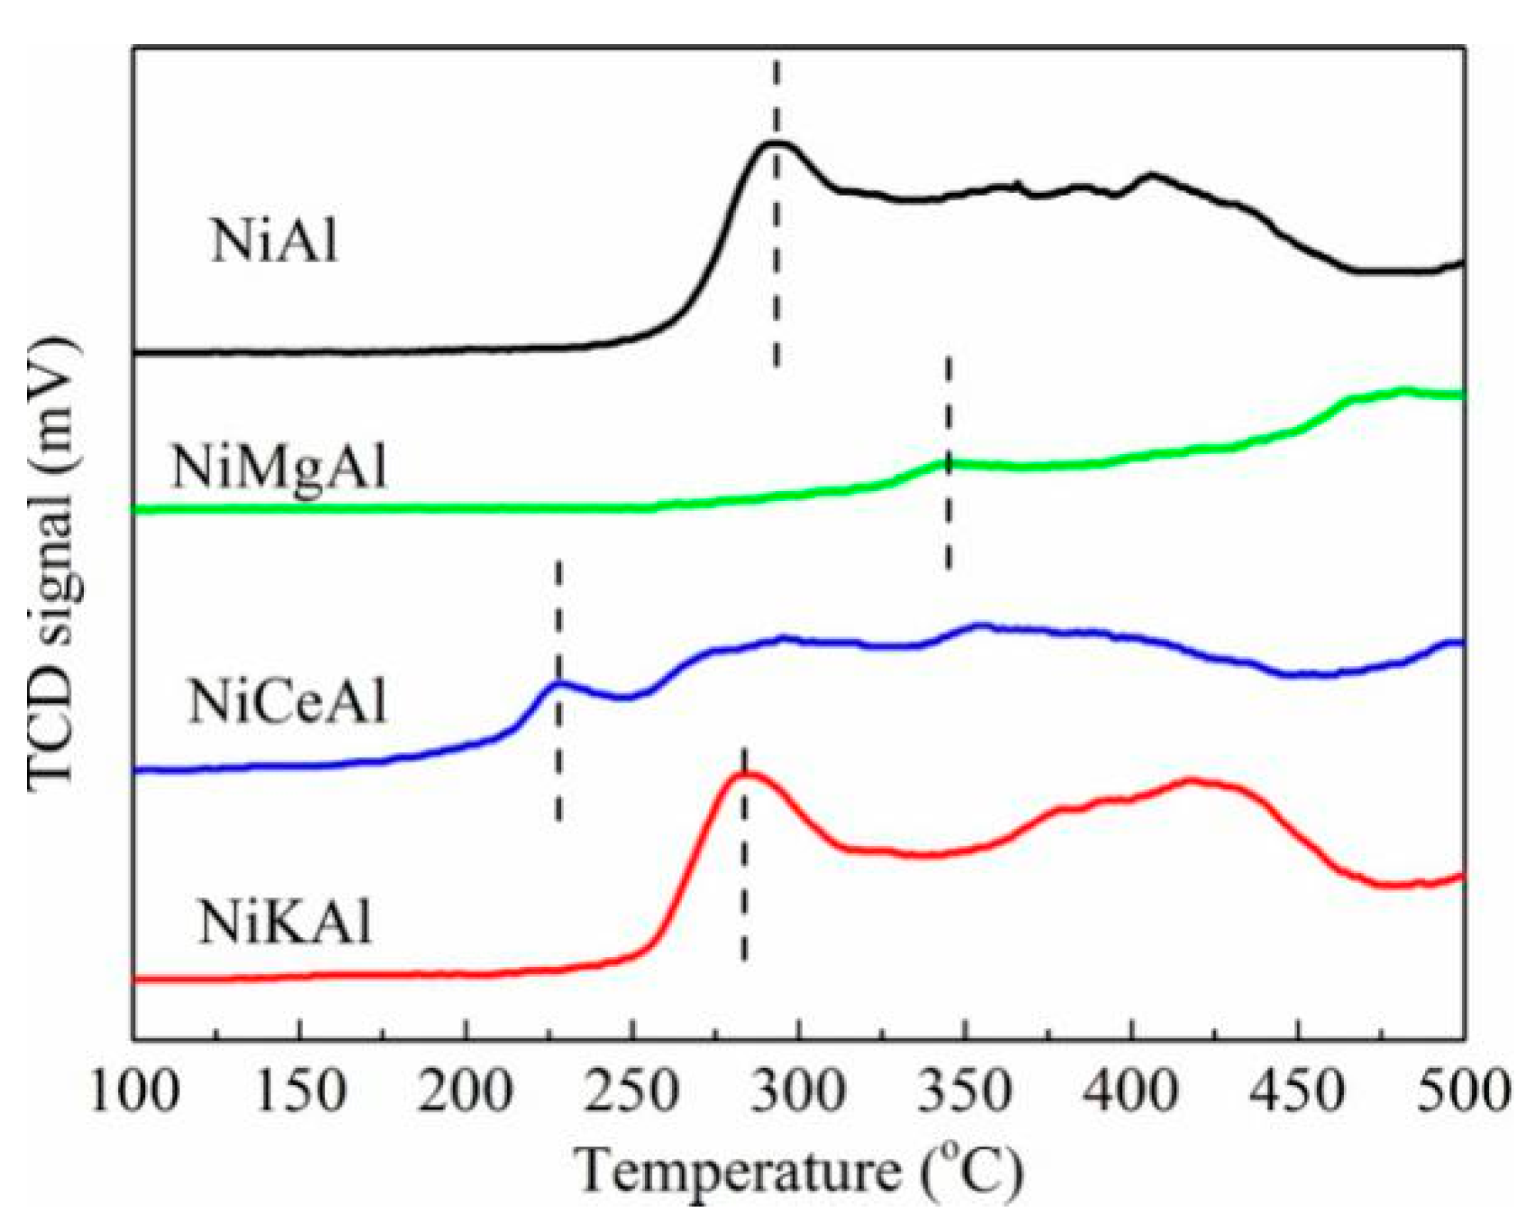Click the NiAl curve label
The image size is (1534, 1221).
[275, 241]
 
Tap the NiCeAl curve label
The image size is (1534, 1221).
[288, 702]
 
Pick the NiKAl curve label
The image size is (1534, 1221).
[285, 923]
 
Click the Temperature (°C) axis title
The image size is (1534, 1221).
[800, 1171]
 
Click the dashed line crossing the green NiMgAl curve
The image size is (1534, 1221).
[949, 463]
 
